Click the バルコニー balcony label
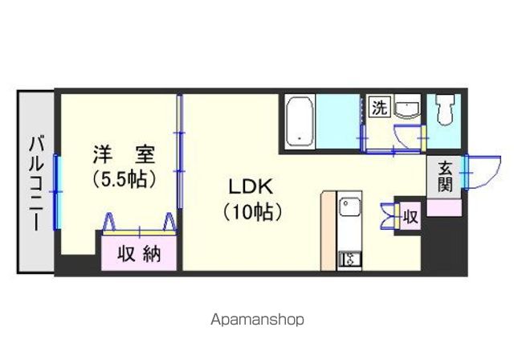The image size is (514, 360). click(x=36, y=183)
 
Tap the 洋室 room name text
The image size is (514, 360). click(x=124, y=154)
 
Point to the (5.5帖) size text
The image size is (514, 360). click(x=124, y=179)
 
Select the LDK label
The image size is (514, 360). click(x=251, y=187)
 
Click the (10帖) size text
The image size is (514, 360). click(x=252, y=212)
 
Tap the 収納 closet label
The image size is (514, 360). click(x=139, y=253)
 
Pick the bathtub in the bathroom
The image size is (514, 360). click(x=300, y=122)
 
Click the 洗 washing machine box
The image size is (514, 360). click(x=380, y=106)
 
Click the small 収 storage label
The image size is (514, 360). click(x=410, y=217)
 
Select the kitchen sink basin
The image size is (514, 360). click(x=350, y=207)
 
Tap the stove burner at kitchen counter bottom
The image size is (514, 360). click(x=349, y=259)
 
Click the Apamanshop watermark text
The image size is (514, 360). click(x=257, y=319)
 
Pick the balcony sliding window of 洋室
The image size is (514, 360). click(x=57, y=192)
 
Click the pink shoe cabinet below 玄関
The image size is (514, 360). click(x=444, y=207)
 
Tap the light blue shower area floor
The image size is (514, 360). click(x=337, y=121)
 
